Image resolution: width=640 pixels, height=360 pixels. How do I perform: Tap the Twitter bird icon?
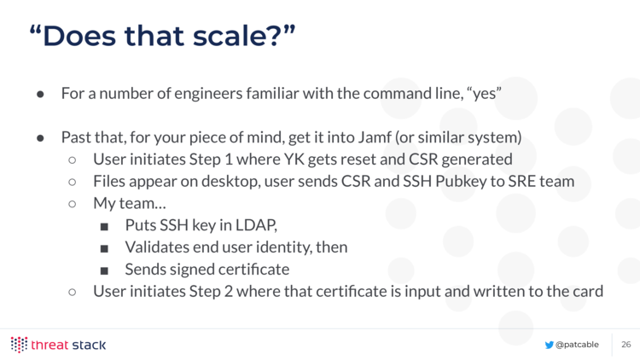pos(549,345)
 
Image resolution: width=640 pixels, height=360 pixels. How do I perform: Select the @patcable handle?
pos(577,345)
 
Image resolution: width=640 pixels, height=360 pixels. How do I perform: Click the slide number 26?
pos(626,345)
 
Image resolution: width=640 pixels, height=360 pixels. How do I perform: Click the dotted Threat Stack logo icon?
pos(19,345)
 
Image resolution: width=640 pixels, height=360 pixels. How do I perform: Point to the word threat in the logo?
pos(49,345)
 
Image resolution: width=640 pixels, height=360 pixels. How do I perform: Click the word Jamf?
pos(375,137)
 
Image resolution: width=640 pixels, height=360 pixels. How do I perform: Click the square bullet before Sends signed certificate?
pos(104,270)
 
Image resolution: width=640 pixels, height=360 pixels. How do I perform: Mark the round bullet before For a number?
pos(40,95)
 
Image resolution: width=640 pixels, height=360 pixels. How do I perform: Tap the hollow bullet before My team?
pos(73,204)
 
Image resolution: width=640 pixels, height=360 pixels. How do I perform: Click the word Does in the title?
pos(79,36)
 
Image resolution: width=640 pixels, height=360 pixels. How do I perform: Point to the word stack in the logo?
pos(89,345)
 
